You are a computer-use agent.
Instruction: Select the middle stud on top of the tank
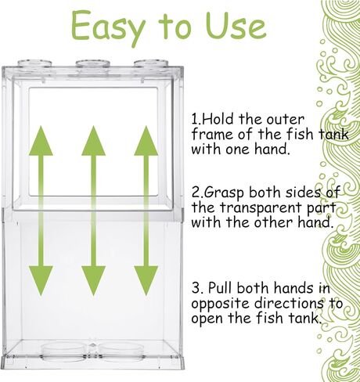click(91, 64)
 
